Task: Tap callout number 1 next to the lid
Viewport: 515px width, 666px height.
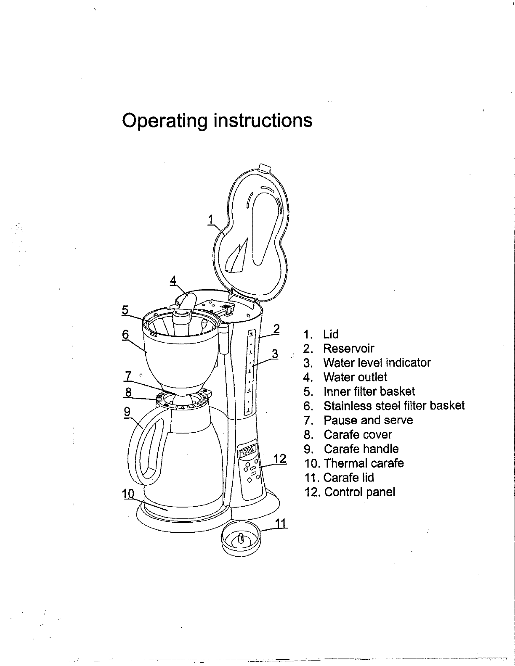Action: point(211,219)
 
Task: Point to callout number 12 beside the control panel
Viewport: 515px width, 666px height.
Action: point(280,458)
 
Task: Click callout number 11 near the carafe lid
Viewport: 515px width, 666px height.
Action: point(281,523)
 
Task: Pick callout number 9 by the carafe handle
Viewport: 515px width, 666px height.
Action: point(127,411)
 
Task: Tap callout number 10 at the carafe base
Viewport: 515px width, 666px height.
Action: point(127,494)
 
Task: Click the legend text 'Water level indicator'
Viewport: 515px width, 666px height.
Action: point(377,362)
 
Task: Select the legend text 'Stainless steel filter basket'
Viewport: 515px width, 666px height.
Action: point(394,406)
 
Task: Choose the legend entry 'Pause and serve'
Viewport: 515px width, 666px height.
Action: point(368,420)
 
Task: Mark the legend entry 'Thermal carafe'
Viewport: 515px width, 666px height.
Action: point(364,463)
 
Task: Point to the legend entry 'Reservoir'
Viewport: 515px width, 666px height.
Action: point(348,348)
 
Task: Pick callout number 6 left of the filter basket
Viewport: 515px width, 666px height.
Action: point(125,335)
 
